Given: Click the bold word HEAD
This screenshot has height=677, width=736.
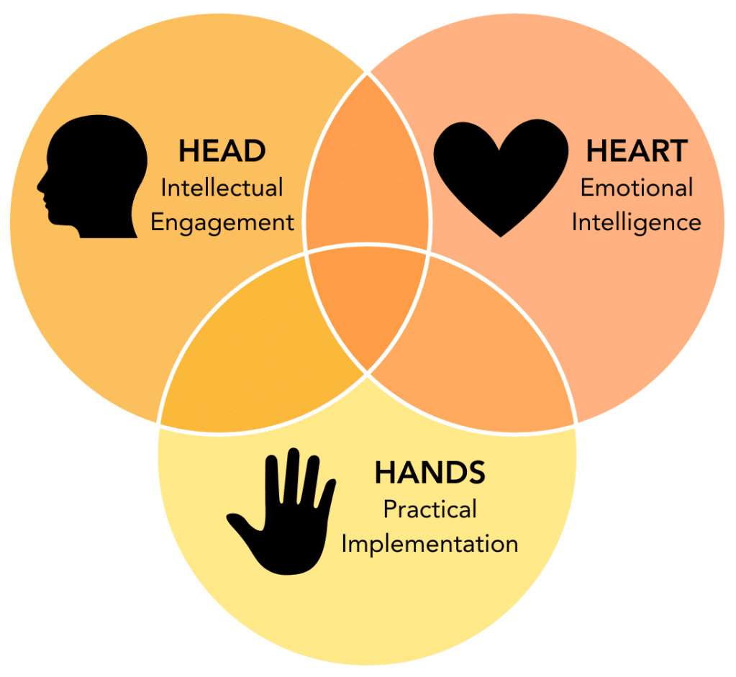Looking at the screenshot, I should (x=222, y=151).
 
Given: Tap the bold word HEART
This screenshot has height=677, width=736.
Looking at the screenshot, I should (x=636, y=151).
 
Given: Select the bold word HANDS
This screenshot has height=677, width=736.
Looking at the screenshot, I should (x=430, y=473).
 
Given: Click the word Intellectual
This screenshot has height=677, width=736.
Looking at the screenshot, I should (x=222, y=188).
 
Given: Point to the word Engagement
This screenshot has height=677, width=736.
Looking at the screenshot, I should (x=222, y=222).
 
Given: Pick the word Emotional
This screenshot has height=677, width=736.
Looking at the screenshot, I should (x=636, y=188).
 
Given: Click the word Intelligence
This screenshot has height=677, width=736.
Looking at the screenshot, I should (x=636, y=222).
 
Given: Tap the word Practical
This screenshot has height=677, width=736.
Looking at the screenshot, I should (x=430, y=509).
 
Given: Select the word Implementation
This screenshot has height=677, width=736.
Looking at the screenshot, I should (x=430, y=543).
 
